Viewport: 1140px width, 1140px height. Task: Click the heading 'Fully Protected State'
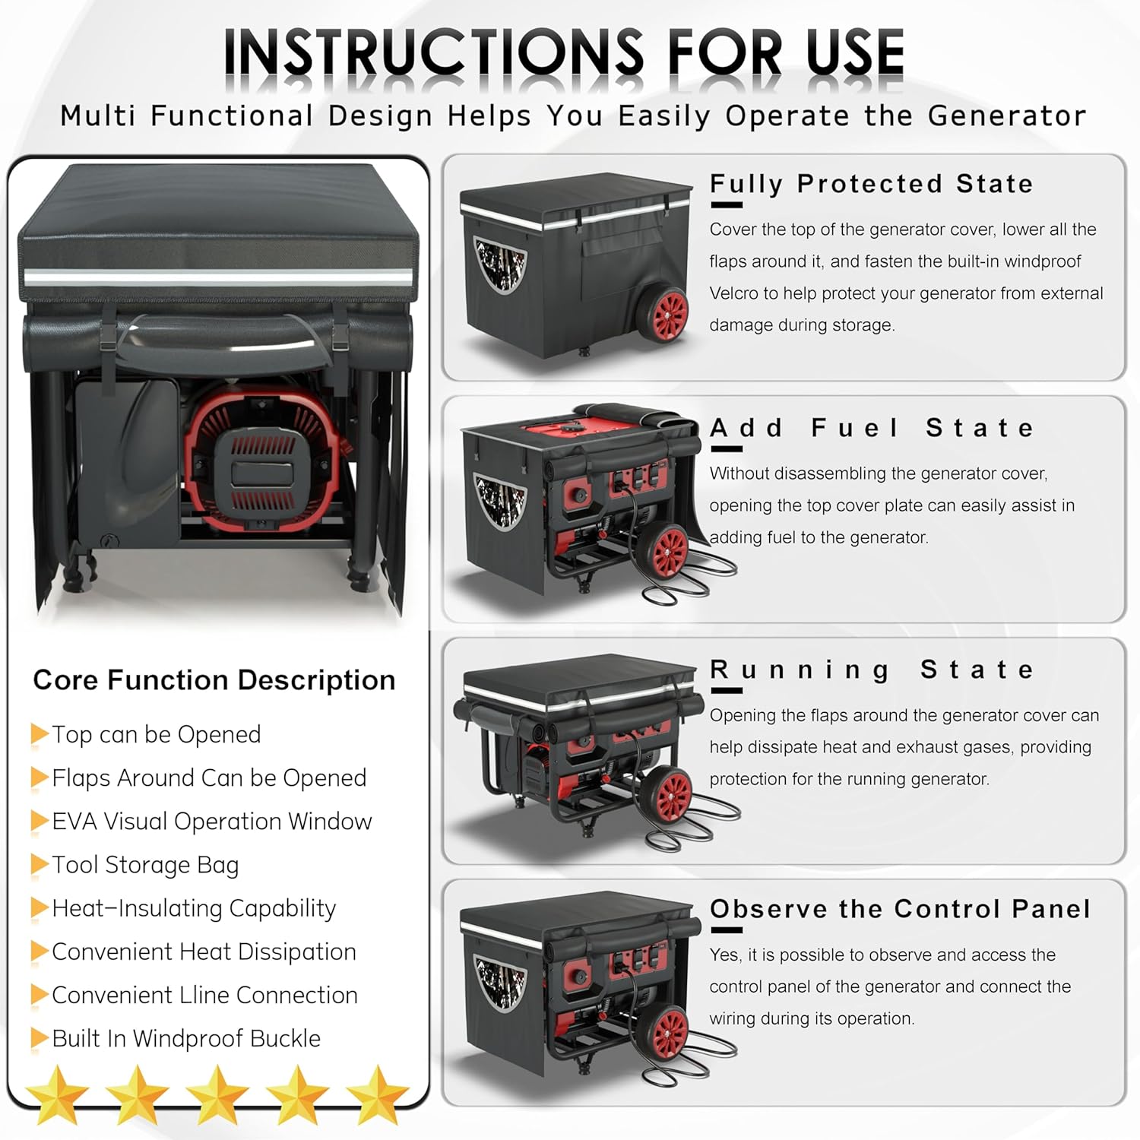coord(871,184)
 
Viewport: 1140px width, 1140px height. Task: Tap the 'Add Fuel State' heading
coord(872,428)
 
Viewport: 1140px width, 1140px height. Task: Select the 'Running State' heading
coord(872,670)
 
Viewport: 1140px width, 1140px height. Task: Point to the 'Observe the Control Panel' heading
coord(900,909)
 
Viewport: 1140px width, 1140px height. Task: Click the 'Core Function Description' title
coord(214,679)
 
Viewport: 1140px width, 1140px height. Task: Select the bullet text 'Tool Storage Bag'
coord(145,865)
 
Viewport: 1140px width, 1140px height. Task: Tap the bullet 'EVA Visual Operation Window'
coord(212,822)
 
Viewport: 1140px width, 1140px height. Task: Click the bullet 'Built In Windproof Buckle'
coord(186,1038)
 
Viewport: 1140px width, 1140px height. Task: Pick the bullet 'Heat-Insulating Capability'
coord(194,908)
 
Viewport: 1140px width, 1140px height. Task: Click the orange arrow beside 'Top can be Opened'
coord(40,734)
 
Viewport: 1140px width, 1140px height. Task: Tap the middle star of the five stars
coord(218,1094)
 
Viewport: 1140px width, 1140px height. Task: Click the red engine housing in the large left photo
coord(262,456)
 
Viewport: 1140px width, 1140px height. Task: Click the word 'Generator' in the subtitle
coord(1007,116)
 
